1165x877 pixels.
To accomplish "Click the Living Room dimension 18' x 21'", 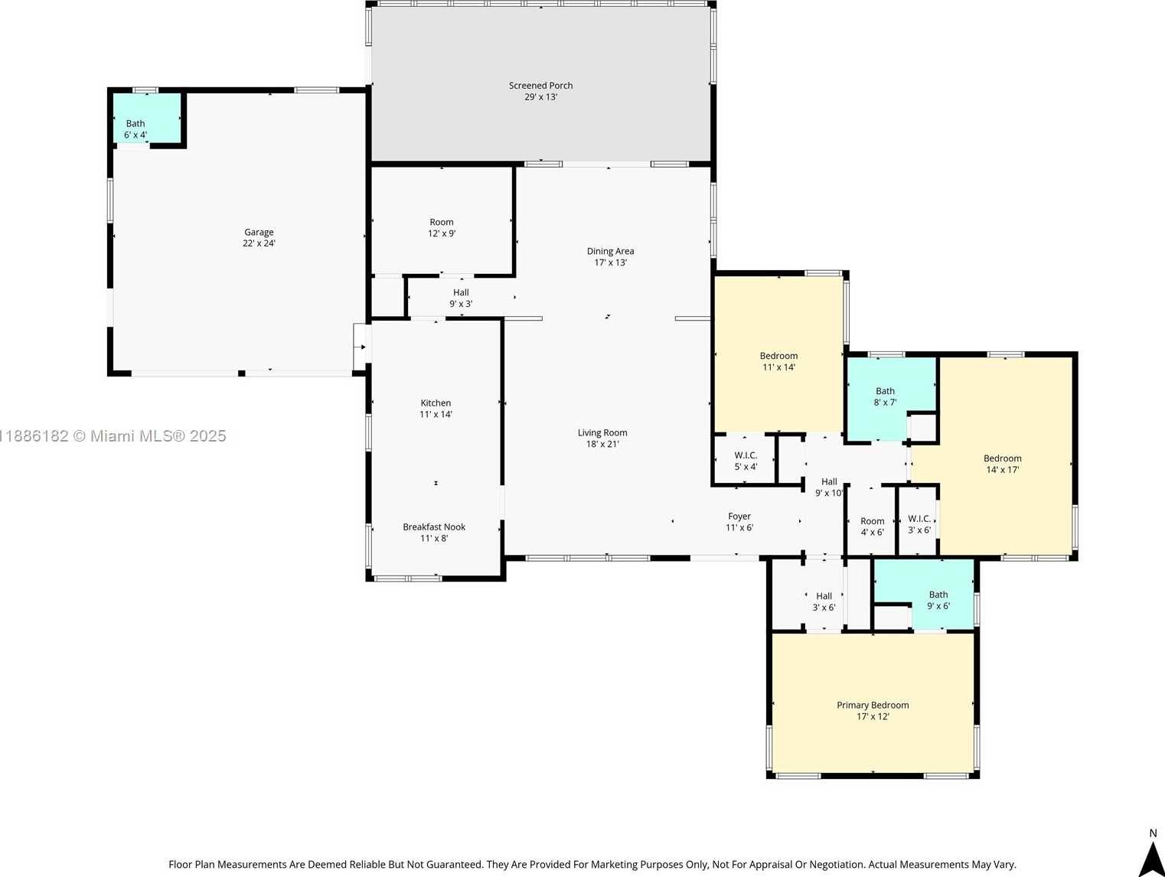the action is pos(602,444).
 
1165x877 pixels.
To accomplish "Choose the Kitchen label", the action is pos(436,403).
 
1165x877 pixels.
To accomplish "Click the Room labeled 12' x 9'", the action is pos(442,227).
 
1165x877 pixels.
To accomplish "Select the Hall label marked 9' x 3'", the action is pos(461,298).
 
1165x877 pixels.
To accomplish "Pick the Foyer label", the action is pos(739,517).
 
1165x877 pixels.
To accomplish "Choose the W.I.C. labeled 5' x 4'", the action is pos(746,461).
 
